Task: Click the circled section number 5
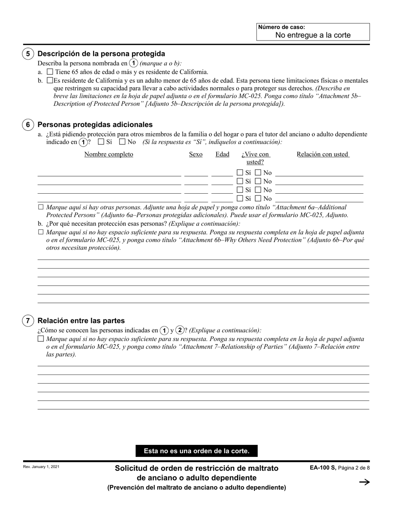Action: (x=28, y=54)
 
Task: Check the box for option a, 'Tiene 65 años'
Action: (x=50, y=72)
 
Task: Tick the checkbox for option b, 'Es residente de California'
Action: (x=50, y=80)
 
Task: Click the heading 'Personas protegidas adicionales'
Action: (x=95, y=125)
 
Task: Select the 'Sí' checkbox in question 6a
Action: (x=101, y=142)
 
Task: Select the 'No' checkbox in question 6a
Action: (x=122, y=142)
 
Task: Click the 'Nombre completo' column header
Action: (x=109, y=154)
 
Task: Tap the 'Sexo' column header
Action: (x=196, y=154)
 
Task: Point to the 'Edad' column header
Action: (x=222, y=154)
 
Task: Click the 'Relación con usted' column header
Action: (x=323, y=154)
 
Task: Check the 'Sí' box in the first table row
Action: (x=240, y=173)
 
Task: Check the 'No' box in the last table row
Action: (x=258, y=199)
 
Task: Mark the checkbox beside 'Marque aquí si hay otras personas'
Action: (x=41, y=207)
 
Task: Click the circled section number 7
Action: (x=28, y=321)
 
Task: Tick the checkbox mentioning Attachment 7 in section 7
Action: (x=41, y=339)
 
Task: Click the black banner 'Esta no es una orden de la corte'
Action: (x=196, y=451)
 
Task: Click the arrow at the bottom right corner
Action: (x=364, y=482)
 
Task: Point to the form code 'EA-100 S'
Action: (x=323, y=468)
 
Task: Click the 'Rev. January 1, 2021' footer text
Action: (x=41, y=467)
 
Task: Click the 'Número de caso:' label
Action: (x=281, y=27)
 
